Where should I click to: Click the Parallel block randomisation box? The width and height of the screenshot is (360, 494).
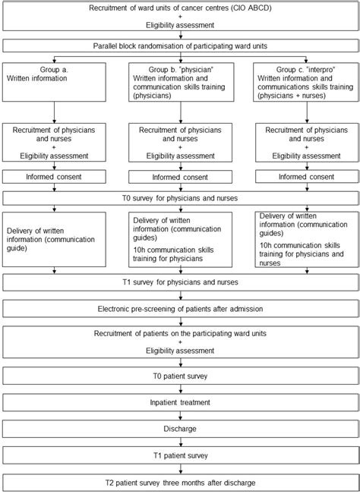[180, 45]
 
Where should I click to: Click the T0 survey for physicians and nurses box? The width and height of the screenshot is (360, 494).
[180, 198]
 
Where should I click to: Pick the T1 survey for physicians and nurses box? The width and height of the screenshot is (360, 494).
[180, 282]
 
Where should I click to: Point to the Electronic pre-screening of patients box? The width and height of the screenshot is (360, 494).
[180, 310]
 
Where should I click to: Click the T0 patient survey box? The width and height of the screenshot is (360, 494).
[180, 375]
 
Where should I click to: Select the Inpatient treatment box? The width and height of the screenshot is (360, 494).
[180, 401]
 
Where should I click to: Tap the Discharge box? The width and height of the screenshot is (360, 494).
[180, 429]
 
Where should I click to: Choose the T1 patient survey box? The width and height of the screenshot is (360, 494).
[180, 455]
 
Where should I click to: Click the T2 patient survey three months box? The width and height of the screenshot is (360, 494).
[180, 482]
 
